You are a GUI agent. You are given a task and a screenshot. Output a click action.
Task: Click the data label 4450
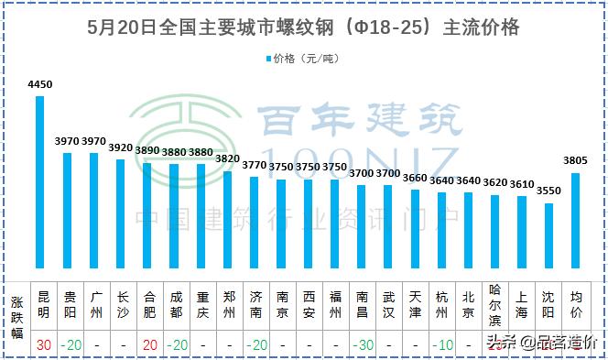click(x=40, y=85)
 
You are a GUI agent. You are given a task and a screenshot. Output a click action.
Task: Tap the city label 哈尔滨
click(x=494, y=304)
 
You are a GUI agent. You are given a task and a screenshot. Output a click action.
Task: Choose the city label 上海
click(x=521, y=304)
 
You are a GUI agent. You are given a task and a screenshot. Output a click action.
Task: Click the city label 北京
click(x=468, y=304)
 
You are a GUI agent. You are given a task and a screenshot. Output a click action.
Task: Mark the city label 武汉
click(x=388, y=304)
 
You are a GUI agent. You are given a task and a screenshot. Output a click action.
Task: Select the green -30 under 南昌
click(x=363, y=345)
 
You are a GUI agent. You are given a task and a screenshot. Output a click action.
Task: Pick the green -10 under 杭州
click(x=442, y=345)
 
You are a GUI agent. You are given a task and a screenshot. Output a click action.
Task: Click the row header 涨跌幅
click(x=16, y=316)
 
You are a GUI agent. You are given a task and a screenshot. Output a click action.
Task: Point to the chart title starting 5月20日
click(x=303, y=27)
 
